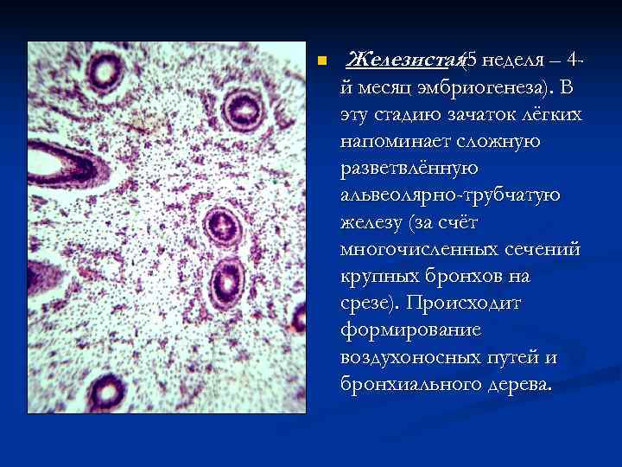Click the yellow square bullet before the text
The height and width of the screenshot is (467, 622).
(x=321, y=61)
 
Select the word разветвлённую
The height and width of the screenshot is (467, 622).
(x=409, y=169)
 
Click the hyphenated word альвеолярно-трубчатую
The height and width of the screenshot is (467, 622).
(x=450, y=195)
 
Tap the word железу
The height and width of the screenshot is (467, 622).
(x=371, y=222)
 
